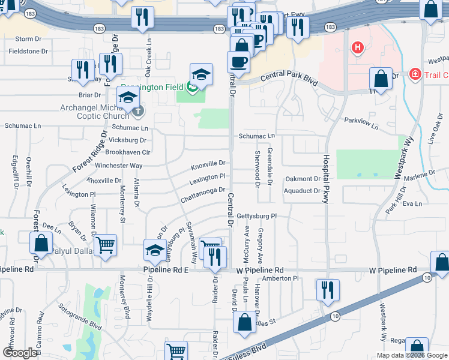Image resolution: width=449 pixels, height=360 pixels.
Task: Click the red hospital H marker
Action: click(358, 47)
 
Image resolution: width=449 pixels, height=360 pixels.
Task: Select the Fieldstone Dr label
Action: click(28, 52)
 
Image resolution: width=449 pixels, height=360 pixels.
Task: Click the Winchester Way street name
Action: click(119, 166)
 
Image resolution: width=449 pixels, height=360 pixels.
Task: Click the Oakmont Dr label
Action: click(303, 179)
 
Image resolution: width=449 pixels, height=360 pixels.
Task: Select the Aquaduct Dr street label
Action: click(303, 191)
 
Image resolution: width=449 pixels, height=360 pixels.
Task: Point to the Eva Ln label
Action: click(413, 204)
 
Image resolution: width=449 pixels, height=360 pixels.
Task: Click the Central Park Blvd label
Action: click(289, 78)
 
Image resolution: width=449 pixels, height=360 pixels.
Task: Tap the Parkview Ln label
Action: click(361, 124)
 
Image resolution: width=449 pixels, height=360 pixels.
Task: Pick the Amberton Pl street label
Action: click(281, 278)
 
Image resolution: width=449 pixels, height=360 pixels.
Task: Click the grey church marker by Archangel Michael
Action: click(138, 111)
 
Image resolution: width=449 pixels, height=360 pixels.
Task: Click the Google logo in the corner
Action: click(20, 352)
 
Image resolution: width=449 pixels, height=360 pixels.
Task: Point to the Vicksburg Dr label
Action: click(127, 140)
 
